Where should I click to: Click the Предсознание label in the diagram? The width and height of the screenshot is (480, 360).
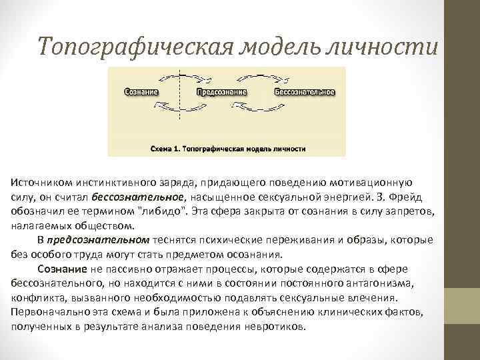coord(222,91)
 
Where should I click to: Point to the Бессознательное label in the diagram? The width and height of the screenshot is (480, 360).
coord(304,91)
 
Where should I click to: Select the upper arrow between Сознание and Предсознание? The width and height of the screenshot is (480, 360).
coord(181,77)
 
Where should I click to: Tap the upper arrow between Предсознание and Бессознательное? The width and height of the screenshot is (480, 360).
coord(263,77)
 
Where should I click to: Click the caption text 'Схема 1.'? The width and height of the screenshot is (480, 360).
coord(165,149)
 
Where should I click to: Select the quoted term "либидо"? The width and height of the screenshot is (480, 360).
coord(161,211)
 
